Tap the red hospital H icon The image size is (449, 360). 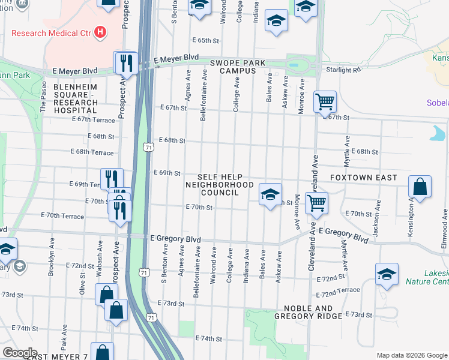(x=100, y=32)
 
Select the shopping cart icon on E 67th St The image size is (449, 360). (x=324, y=103)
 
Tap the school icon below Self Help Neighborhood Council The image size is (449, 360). (x=270, y=194)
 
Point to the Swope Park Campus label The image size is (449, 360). (x=233, y=67)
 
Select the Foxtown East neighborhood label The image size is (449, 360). (x=364, y=178)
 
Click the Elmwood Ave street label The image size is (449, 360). (x=445, y=224)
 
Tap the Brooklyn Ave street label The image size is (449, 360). (x=52, y=262)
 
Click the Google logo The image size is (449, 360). (x=19, y=353)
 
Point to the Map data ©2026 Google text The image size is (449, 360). (x=412, y=355)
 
